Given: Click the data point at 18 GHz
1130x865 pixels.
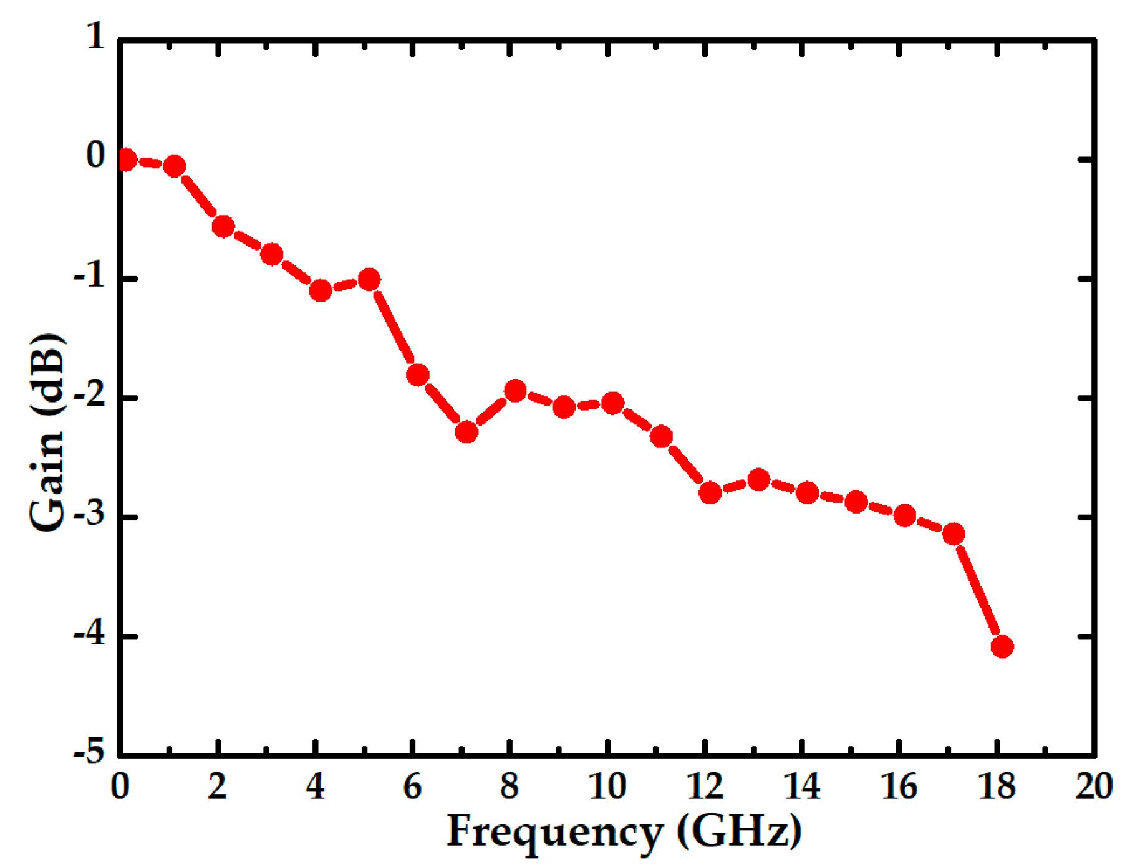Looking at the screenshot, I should click(x=1002, y=646).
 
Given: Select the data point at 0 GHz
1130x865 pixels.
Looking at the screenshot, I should click(x=125, y=160).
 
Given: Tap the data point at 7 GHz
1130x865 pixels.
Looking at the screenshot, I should click(x=466, y=431).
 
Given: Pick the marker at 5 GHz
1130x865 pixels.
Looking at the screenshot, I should click(x=369, y=279).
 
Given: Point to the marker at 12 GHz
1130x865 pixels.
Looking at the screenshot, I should click(x=710, y=493).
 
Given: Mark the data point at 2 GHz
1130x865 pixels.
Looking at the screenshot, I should click(x=223, y=226).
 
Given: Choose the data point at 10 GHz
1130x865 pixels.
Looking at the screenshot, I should click(x=612, y=403).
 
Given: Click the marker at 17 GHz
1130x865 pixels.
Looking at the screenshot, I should click(x=954, y=533).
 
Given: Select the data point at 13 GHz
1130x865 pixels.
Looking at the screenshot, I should click(x=758, y=479).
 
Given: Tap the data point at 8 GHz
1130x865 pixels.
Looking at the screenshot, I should click(x=515, y=391).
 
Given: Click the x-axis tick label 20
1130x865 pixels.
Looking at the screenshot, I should click(x=1094, y=786).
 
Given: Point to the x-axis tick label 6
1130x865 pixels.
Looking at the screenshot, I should click(x=413, y=786).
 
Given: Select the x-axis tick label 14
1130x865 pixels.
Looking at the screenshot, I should click(x=802, y=786).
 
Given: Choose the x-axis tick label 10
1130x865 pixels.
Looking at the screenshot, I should click(x=607, y=786).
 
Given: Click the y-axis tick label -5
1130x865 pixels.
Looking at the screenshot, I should click(x=89, y=752).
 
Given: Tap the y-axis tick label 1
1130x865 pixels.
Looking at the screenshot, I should click(x=95, y=36).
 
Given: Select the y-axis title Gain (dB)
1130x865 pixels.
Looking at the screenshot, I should click(x=47, y=431).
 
